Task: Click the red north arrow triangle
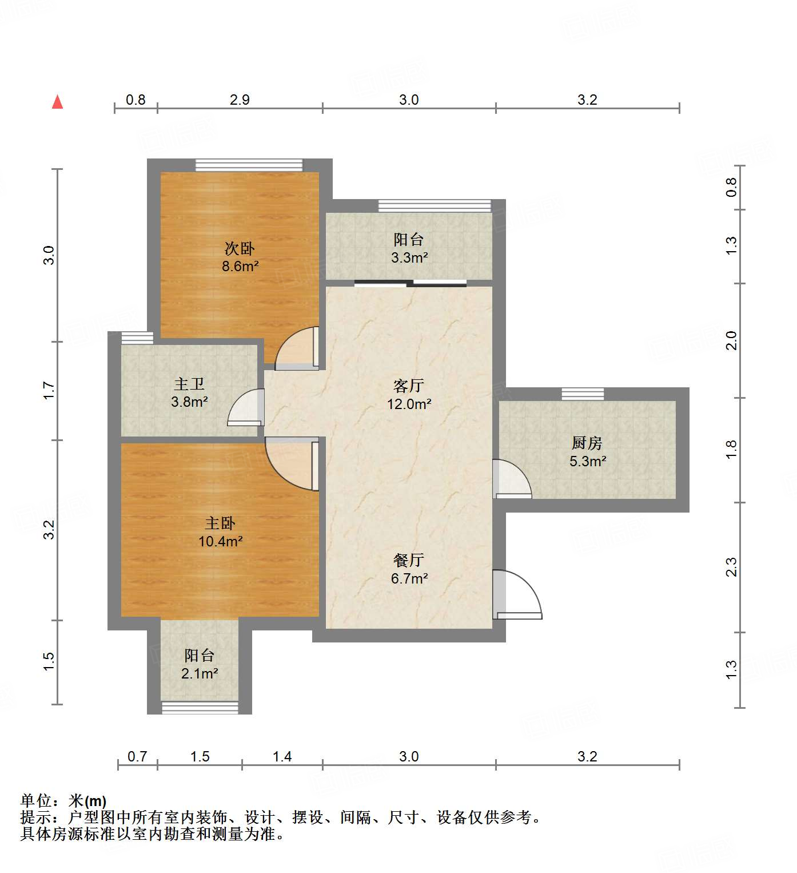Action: tap(57, 102)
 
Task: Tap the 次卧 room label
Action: tap(239, 248)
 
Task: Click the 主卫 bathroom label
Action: tap(189, 384)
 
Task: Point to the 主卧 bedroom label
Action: tap(220, 523)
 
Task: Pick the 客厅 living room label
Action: tap(408, 386)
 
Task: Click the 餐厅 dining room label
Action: tap(408, 560)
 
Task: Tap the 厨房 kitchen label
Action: tap(587, 443)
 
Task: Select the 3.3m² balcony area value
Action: tap(409, 258)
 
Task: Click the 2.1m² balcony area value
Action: tap(200, 673)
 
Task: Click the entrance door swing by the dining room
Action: tap(517, 595)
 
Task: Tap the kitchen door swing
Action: tap(512, 478)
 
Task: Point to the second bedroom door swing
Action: tap(296, 348)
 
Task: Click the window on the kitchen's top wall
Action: tap(583, 394)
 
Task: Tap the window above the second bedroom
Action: tap(249, 165)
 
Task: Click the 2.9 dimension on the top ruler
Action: tap(240, 100)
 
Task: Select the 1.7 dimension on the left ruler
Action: tap(49, 390)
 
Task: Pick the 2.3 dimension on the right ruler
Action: tap(731, 567)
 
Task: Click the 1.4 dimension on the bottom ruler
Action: tap(282, 757)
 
